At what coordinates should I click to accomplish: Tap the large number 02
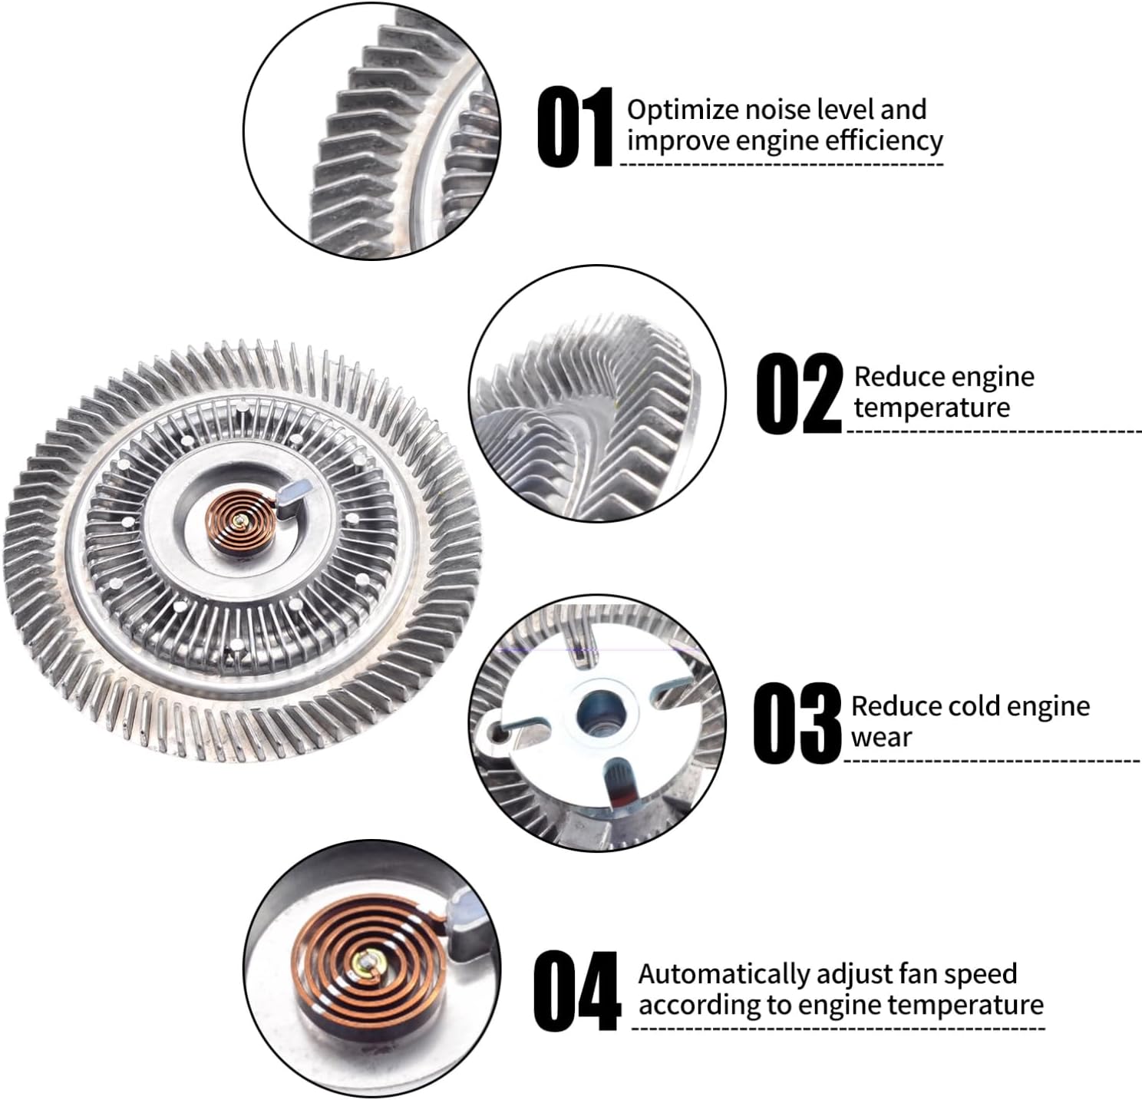798,394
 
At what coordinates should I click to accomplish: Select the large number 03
797,723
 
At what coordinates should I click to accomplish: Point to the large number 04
576,991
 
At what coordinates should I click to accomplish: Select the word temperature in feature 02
932,408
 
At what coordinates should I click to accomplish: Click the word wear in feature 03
881,738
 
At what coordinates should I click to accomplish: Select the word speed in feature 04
980,974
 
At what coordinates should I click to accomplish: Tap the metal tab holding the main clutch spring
294,492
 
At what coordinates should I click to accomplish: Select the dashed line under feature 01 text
781,164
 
